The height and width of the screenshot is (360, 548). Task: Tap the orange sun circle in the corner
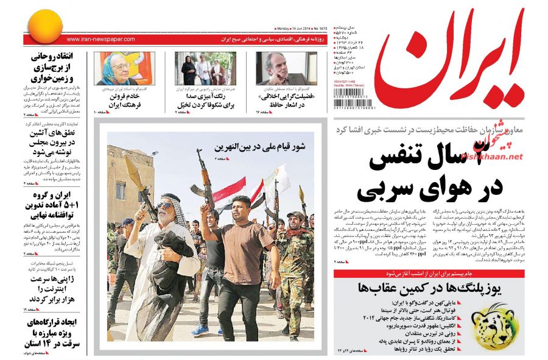43,26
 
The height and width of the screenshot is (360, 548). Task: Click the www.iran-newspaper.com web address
101,40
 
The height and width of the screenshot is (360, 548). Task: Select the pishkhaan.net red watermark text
492,152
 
